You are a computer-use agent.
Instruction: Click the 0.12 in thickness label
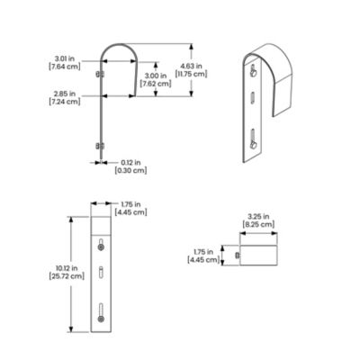tap(131, 162)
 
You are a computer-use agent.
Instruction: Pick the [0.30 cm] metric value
tap(131, 169)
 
